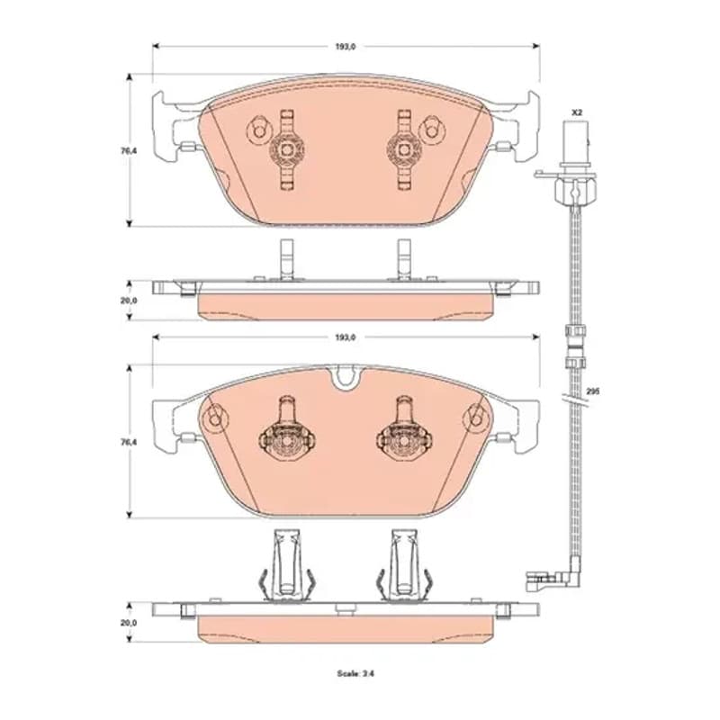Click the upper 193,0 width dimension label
pos(346,47)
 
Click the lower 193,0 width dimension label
pos(346,337)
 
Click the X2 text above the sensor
pos(577,112)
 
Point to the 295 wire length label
pos(593,391)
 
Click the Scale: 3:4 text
pos(355,673)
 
